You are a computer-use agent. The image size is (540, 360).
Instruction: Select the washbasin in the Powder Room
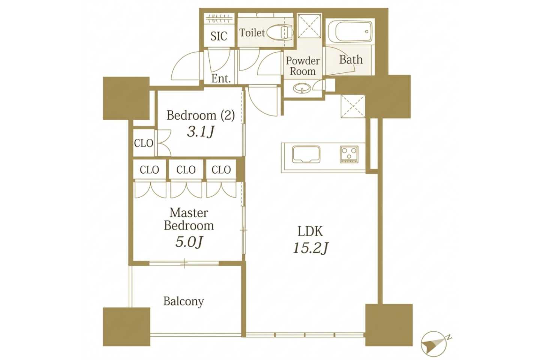tap(301, 88)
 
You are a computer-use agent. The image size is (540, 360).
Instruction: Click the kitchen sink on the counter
tap(306, 154)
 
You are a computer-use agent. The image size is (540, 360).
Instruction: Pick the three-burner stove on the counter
tap(349, 154)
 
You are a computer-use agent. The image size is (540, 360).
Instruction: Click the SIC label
tap(219, 36)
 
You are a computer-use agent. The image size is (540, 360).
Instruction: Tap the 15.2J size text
tap(310, 248)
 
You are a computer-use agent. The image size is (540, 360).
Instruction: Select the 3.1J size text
tap(201, 132)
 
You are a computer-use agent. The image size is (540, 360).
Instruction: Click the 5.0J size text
tap(189, 242)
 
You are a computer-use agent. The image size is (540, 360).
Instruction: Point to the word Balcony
tap(184, 301)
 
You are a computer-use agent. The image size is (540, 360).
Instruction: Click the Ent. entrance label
tap(221, 79)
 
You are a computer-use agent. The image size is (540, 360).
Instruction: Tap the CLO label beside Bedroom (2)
tap(144, 143)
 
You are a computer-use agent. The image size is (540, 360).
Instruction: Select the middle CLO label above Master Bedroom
tap(186, 170)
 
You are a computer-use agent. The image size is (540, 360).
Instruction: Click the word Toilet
tap(252, 33)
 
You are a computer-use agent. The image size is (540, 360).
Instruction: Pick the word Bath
tap(351, 60)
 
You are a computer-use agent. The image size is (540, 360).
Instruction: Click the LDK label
tap(310, 231)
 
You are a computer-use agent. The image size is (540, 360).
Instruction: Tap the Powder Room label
tap(303, 66)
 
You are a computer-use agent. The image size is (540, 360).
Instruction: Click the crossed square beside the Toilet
tap(310, 26)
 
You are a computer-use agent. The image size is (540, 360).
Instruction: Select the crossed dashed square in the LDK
tap(353, 106)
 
